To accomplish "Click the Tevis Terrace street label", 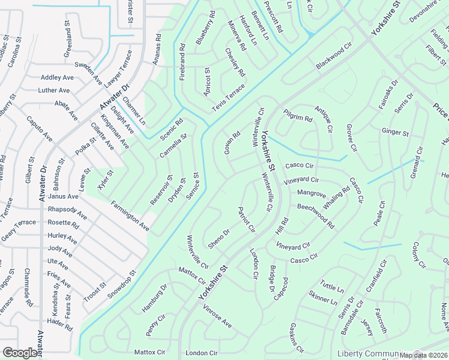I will click(228, 97).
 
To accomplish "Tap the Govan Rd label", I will click(232, 142).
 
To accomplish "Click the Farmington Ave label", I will click(129, 216).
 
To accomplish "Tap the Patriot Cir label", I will click(247, 220).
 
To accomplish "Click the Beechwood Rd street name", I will click(315, 215).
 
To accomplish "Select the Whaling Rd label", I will click(336, 198).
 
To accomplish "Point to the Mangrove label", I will click(312, 194).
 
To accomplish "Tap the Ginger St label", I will click(395, 132).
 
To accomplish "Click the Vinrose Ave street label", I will click(217, 316).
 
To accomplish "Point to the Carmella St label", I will click(173, 146).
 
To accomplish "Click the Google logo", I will click(20, 353).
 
